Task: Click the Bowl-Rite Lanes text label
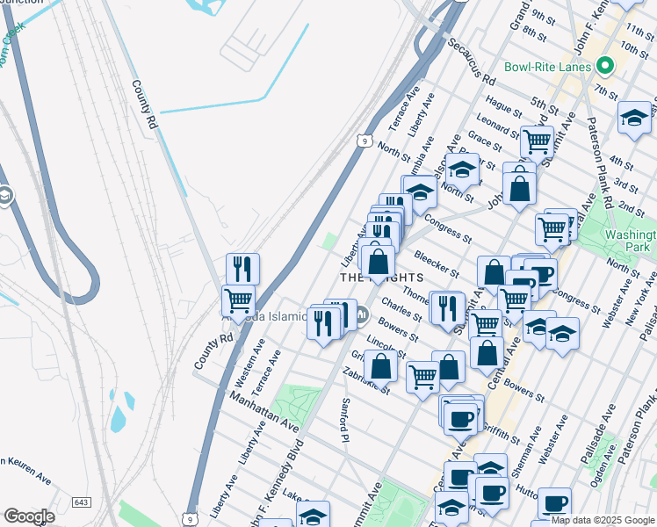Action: (x=548, y=67)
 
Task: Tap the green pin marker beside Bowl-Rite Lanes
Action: (x=604, y=66)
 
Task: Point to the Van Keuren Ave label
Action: (x=22, y=470)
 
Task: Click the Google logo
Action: (x=29, y=516)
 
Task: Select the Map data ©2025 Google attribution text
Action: (x=603, y=520)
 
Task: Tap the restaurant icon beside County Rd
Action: (x=242, y=269)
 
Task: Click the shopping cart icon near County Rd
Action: (x=239, y=300)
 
